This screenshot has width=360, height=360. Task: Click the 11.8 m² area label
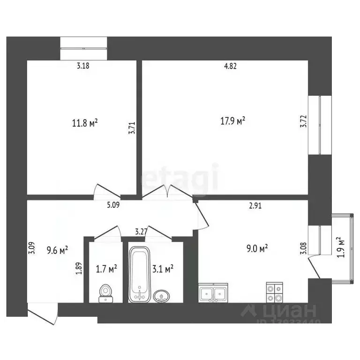(84, 124)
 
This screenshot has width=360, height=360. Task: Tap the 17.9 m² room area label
(232, 121)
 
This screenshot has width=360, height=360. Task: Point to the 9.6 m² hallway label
(58, 250)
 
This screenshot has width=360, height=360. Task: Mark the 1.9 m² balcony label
(341, 247)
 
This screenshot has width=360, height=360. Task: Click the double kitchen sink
(213, 293)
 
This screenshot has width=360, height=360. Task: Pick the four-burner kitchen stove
(274, 292)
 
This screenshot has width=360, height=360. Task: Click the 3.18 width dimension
(83, 66)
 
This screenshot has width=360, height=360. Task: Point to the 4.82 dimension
(230, 66)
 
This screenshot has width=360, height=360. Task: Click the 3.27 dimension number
(141, 231)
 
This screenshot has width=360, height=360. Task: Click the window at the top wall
(84, 48)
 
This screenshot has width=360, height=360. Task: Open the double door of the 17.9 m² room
(167, 192)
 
